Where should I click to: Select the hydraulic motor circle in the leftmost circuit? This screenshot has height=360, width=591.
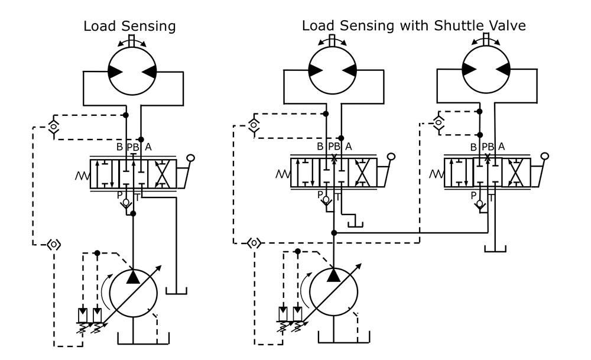tap(133, 70)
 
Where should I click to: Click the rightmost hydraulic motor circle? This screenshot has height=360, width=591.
tap(486, 69)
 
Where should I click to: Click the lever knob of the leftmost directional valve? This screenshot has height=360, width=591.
tap(190, 158)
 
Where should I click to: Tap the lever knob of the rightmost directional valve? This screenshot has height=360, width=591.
tap(545, 156)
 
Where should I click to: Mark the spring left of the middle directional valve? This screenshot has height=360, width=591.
tap(282, 174)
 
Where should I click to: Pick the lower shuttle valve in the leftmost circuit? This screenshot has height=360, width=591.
tap(54, 244)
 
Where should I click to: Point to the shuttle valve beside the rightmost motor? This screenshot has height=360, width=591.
tap(439, 122)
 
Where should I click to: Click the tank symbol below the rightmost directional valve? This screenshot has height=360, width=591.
tap(495, 248)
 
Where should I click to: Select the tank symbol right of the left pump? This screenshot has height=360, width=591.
tap(176, 290)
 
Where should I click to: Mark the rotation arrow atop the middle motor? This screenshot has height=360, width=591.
tap(333, 40)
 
